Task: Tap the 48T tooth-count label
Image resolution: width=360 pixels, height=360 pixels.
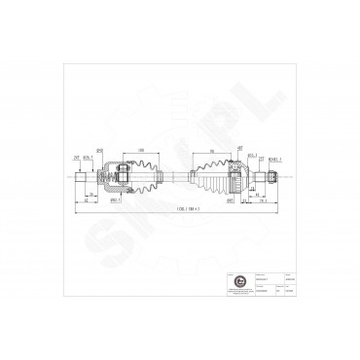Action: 239,148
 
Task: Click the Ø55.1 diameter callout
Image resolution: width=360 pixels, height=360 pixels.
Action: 251,155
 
